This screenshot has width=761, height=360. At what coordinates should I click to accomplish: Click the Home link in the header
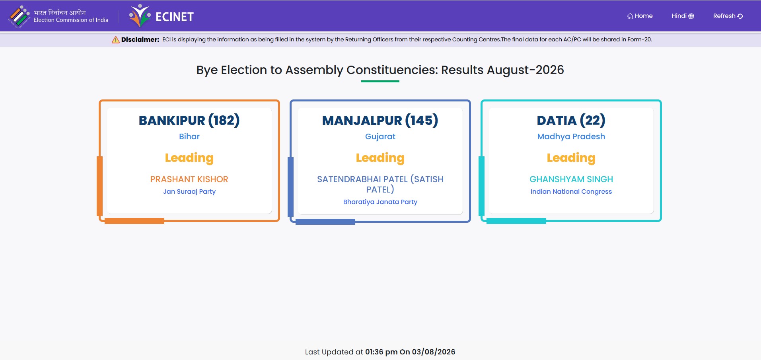click(x=640, y=16)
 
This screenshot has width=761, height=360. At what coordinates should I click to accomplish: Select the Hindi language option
click(x=683, y=16)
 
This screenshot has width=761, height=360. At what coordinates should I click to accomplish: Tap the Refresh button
click(x=728, y=16)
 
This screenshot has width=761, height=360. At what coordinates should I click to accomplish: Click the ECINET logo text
click(x=175, y=17)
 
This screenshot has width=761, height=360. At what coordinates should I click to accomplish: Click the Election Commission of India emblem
click(x=19, y=16)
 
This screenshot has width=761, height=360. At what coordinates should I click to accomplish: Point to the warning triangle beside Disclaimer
click(x=115, y=39)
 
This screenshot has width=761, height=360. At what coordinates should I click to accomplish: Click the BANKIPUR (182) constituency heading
click(x=189, y=120)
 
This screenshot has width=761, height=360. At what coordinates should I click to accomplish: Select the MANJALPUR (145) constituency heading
click(x=380, y=120)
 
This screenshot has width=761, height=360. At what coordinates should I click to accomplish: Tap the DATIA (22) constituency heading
click(x=571, y=120)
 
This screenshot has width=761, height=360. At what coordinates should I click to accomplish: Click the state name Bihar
click(x=189, y=136)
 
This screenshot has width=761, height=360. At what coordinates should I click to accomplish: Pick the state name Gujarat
click(x=380, y=136)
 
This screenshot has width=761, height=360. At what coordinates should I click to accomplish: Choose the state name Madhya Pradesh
click(x=571, y=136)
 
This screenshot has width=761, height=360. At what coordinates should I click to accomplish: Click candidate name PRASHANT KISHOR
click(x=189, y=179)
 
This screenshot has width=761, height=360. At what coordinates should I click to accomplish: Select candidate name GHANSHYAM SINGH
click(x=571, y=179)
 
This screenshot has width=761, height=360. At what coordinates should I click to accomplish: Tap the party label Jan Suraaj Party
click(x=189, y=192)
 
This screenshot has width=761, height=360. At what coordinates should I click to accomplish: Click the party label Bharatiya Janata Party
click(x=380, y=202)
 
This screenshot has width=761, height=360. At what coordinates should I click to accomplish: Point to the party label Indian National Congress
click(x=571, y=192)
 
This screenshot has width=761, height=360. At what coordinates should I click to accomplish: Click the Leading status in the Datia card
click(x=571, y=158)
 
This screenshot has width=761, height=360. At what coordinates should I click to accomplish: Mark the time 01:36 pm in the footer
click(x=381, y=352)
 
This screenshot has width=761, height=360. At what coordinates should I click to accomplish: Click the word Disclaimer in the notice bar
click(x=140, y=39)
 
